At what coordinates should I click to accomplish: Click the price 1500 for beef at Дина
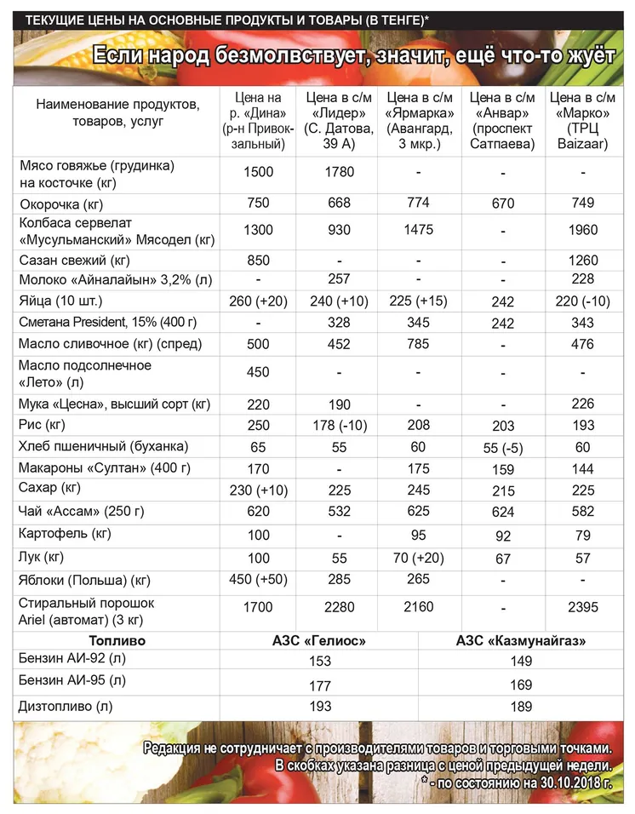258,172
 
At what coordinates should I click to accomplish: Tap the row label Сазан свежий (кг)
74,260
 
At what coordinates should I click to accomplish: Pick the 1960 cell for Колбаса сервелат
583,230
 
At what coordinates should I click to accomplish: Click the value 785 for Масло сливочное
420,343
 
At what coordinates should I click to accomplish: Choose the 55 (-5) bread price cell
502,446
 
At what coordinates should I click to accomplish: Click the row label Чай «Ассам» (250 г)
82,512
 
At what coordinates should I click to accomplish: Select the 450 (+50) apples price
258,580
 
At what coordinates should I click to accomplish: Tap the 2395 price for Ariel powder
583,607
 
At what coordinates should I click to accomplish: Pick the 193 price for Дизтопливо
320,708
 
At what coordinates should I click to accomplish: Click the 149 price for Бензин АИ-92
521,662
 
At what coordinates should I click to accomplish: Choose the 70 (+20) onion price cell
420,559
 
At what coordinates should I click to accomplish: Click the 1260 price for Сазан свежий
583,260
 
